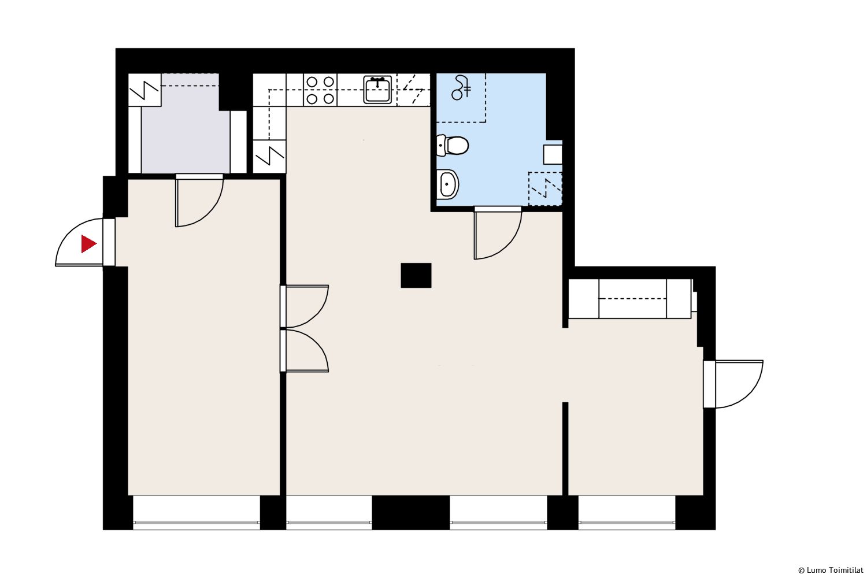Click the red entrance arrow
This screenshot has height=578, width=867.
click(x=87, y=244)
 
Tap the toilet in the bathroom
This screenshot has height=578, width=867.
click(x=452, y=145)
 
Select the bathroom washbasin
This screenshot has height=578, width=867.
click(x=447, y=184)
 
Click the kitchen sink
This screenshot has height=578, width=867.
click(x=377, y=90)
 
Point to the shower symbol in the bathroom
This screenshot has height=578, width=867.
click(x=461, y=88)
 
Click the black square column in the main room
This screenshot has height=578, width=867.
click(x=416, y=275)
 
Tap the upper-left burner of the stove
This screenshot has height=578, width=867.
click(x=312, y=82)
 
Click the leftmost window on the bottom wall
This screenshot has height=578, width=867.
click(x=197, y=513)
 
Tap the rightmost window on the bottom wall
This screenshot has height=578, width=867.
click(x=627, y=513)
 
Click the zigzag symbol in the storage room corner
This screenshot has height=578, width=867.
click(x=144, y=90)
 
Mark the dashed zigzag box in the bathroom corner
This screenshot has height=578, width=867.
click(x=545, y=188)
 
